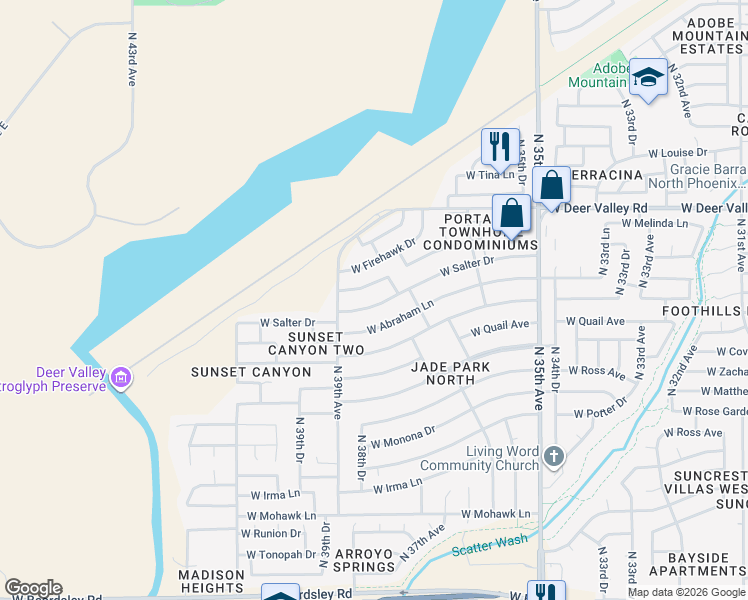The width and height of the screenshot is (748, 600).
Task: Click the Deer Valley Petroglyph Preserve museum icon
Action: coord(121,378)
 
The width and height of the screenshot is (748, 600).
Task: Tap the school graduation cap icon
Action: coord(648,77)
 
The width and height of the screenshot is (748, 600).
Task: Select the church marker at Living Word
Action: coord(554,457)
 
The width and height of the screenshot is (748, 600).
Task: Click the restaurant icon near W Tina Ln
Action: coord(500,145)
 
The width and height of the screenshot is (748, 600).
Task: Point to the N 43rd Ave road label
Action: coord(131,59)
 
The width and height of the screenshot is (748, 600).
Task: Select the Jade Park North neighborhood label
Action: coord(451,373)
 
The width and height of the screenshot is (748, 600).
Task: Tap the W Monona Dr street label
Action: coord(403,437)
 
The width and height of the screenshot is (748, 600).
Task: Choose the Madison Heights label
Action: coord(211,581)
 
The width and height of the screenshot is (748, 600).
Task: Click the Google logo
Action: coord(33,588)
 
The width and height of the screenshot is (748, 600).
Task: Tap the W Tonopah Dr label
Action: coord(273,553)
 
